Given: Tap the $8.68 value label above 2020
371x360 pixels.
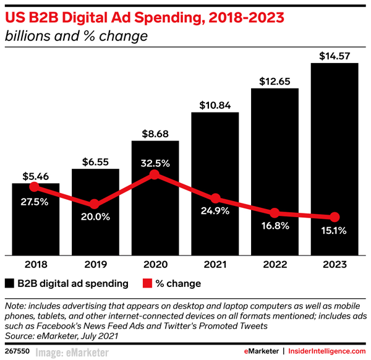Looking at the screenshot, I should (x=155, y=132).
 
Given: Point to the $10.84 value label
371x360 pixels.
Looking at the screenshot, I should (x=215, y=105).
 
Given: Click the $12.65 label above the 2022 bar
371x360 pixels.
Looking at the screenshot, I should (x=275, y=80).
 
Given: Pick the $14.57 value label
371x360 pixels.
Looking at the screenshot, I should (x=335, y=55).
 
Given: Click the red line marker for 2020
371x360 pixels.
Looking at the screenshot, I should (x=155, y=175).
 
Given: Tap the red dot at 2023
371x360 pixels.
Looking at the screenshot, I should (x=335, y=217).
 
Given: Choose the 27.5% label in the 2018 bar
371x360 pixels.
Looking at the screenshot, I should (x=35, y=201).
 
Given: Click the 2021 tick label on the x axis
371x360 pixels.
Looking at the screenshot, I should (x=215, y=264).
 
